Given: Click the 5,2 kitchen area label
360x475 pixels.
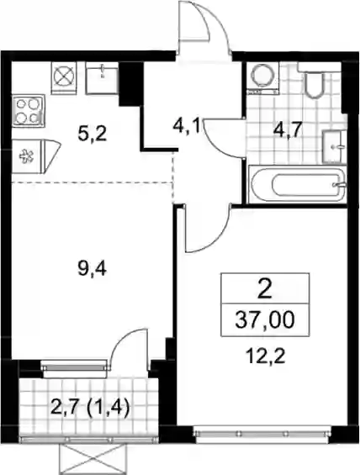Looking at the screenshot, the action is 92,135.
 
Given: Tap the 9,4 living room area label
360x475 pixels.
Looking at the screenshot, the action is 93,269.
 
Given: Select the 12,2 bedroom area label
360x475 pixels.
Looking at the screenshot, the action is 266,357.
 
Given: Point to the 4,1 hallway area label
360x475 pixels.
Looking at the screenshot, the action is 186,127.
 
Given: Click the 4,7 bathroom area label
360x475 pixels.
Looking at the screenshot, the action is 289,130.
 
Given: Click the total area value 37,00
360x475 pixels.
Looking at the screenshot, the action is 265,320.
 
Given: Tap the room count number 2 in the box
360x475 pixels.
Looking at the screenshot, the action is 265,289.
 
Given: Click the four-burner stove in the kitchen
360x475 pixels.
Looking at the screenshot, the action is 29,111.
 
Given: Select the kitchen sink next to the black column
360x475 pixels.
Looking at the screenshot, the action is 102,78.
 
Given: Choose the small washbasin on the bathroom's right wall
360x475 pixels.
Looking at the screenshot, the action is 334,147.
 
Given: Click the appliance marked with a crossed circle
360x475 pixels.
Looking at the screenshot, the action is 64,77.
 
